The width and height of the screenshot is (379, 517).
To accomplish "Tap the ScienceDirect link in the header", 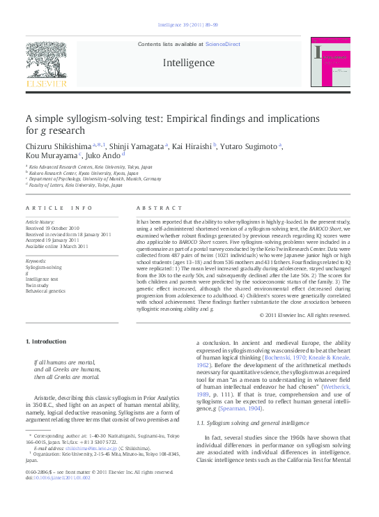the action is pos(223,44).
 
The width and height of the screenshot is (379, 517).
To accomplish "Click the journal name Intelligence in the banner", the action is pos(188,62).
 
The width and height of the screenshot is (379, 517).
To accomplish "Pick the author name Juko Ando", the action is pos(105,155).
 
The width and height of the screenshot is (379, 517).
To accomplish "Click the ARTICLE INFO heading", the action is pos(59,208).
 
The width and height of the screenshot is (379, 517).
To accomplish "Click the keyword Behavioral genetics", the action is pos(45,291).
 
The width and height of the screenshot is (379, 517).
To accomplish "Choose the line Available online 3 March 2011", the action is pos(57,246).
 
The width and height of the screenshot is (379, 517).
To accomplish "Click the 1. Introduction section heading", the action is pos(46,341).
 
